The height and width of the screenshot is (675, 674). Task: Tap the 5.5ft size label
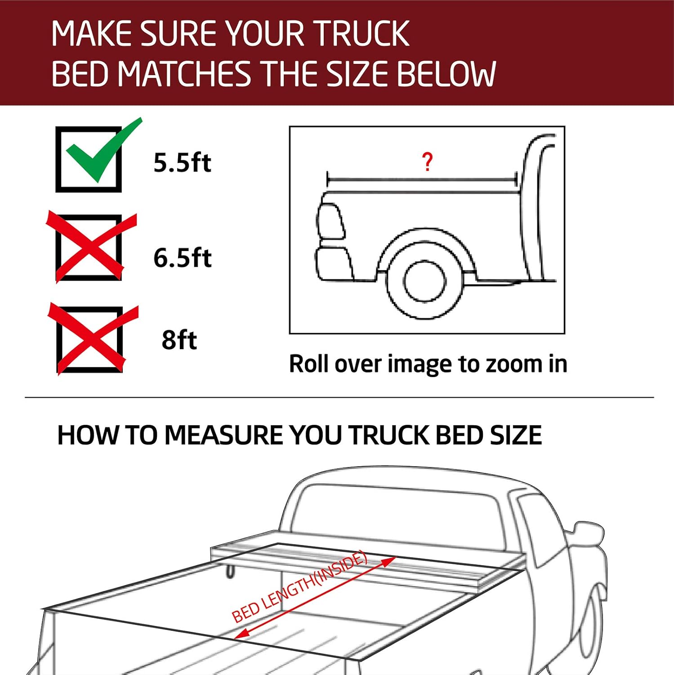pyautogui.click(x=182, y=162)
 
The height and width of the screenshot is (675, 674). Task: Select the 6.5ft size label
pyautogui.click(x=182, y=258)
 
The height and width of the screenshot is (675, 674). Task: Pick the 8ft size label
pyautogui.click(x=179, y=340)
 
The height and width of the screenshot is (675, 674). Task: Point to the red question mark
pyautogui.click(x=427, y=162)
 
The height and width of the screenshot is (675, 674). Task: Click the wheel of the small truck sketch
pyautogui.click(x=424, y=282)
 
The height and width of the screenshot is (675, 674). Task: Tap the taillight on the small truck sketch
pyautogui.click(x=330, y=221)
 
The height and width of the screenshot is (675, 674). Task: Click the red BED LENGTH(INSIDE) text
pyautogui.click(x=299, y=588)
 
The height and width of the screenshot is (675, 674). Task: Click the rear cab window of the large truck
pyautogui.click(x=396, y=513)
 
